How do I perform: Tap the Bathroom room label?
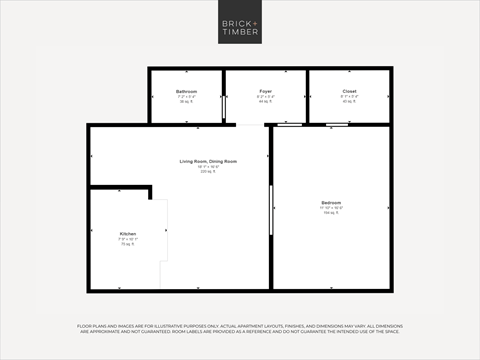tap(187, 91)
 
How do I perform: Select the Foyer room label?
tap(265, 91)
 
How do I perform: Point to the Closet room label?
tap(349, 91)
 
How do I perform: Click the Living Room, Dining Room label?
tap(208, 161)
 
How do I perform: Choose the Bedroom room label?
tap(331, 203)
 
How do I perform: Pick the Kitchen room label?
tap(127, 234)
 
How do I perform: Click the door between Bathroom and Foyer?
tap(224, 107)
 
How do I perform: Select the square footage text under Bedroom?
tap(331, 213)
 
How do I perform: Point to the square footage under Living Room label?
tap(208, 171)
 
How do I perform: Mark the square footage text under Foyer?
tap(265, 101)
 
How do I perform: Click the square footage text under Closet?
tap(349, 101)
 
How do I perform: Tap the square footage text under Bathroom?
tap(187, 101)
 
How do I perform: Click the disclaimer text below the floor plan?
tap(240, 331)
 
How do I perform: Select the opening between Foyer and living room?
tap(251, 125)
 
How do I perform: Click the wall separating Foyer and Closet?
tap(307, 96)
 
